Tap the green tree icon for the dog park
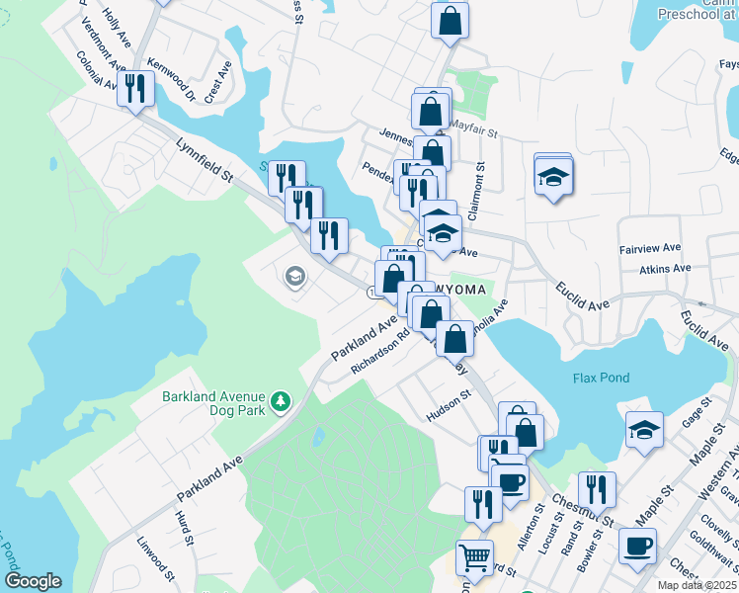[x=283, y=400]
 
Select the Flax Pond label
[x=601, y=379]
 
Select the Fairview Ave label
[x=650, y=248]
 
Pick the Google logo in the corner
[x=33, y=581]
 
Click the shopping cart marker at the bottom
[x=474, y=557]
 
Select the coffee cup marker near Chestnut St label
[x=637, y=545]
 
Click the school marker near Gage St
[x=644, y=430]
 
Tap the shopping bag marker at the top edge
[x=450, y=20]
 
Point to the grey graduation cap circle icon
[x=293, y=276]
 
